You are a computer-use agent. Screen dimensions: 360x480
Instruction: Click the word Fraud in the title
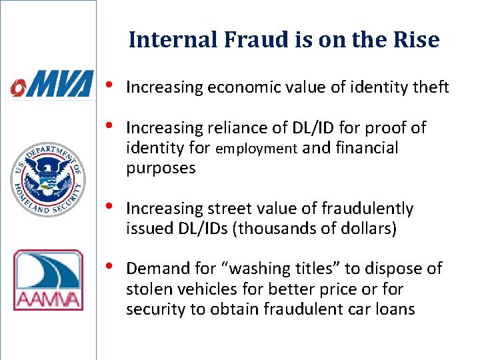pyautogui.click(x=243, y=40)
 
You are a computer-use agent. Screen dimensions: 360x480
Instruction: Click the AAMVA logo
pyautogui.click(x=48, y=279)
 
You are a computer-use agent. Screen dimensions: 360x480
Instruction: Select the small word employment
pyautogui.click(x=256, y=149)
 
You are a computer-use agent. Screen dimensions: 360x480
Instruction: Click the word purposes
pyautogui.click(x=161, y=168)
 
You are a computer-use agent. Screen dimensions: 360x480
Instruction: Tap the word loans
pyautogui.click(x=393, y=309)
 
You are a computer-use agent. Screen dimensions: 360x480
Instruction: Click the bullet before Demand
pyautogui.click(x=109, y=268)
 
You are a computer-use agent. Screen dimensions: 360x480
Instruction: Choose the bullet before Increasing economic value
pyautogui.click(x=109, y=87)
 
